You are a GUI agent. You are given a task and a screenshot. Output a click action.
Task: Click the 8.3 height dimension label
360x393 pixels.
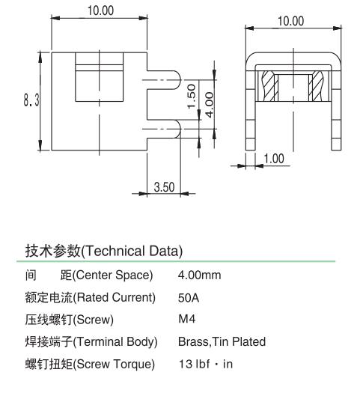31,100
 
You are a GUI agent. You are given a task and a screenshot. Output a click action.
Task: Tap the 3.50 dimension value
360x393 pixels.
164,187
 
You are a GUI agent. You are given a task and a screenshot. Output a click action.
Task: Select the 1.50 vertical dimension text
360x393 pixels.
192,97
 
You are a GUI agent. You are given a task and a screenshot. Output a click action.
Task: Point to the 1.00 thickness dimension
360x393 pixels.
274,159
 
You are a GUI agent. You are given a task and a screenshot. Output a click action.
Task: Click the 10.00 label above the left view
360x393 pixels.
100,10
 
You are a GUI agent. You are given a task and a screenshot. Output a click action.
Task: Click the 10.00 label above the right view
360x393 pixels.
291,21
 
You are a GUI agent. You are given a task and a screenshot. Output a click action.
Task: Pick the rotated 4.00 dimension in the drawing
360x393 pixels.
210,105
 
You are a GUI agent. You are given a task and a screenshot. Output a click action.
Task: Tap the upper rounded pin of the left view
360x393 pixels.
164,79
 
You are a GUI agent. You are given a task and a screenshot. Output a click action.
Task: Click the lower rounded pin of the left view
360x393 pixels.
164,129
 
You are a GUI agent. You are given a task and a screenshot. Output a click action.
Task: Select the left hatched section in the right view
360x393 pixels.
269,86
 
